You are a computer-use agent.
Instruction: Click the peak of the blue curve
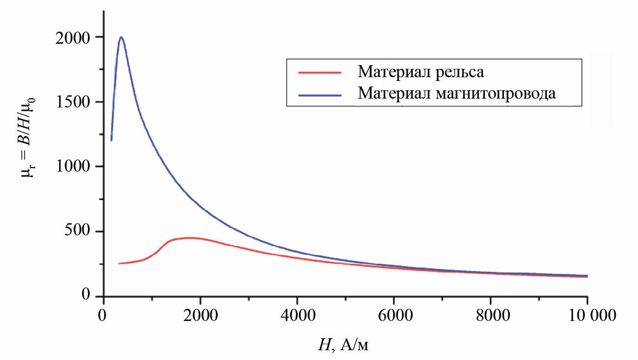click(121, 37)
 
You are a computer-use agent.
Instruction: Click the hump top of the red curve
click(189, 238)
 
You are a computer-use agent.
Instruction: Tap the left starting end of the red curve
click(119, 264)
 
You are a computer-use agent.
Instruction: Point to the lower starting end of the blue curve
click(111, 140)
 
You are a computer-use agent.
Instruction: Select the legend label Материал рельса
click(421, 73)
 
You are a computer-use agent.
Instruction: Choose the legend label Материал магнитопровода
click(457, 93)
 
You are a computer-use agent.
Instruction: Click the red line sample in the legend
click(320, 73)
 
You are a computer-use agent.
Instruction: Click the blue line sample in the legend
click(320, 93)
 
